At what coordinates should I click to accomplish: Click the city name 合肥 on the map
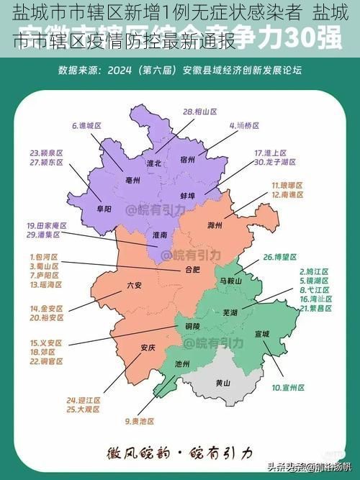(x=193, y=271)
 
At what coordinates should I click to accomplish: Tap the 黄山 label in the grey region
(x=223, y=383)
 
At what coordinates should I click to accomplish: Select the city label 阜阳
(x=104, y=209)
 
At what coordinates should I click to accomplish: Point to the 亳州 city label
(x=132, y=180)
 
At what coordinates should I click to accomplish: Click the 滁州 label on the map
(x=215, y=225)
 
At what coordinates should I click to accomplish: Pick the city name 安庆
(x=148, y=348)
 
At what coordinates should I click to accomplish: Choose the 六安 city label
(x=134, y=285)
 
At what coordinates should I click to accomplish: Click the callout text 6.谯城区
(x=86, y=125)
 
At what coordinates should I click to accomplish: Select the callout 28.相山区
(x=200, y=112)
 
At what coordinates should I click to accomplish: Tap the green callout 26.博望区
(x=280, y=257)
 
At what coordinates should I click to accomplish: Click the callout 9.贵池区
(x=139, y=421)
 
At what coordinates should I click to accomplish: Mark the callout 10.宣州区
(x=288, y=387)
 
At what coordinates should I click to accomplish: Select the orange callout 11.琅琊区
(x=287, y=185)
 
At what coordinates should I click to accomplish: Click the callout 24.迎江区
(x=84, y=399)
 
